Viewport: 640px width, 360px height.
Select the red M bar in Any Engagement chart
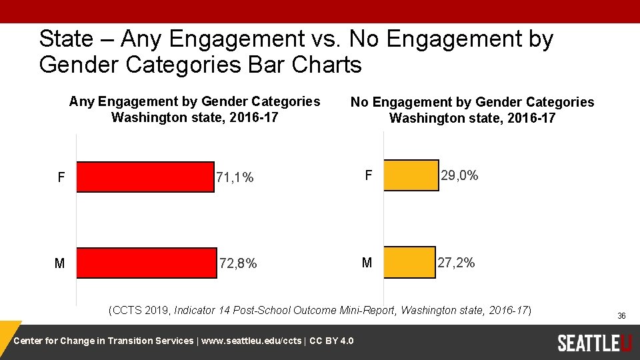pyautogui.click(x=147, y=263)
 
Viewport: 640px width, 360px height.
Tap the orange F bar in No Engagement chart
pyautogui.click(x=411, y=175)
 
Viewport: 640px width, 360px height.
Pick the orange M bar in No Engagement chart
pyautogui.click(x=409, y=262)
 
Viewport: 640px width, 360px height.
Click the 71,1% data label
pyautogui.click(x=235, y=177)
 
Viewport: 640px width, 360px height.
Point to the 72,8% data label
pyautogui.click(x=238, y=263)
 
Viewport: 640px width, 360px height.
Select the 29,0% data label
pyautogui.click(x=459, y=175)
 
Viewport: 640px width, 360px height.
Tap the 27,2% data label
pyautogui.click(x=456, y=263)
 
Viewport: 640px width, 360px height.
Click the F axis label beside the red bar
pyautogui.click(x=61, y=177)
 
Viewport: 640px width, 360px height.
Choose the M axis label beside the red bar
pyautogui.click(x=59, y=263)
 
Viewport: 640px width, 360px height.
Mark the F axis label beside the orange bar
pyautogui.click(x=367, y=175)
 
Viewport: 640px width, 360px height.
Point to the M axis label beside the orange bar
pyautogui.click(x=367, y=263)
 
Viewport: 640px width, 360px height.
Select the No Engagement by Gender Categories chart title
pyautogui.click(x=472, y=110)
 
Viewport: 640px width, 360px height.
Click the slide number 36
pyautogui.click(x=621, y=315)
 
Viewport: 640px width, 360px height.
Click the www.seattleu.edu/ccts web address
pyautogui.click(x=251, y=341)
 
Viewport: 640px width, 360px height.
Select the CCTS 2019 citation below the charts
pyautogui.click(x=320, y=310)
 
